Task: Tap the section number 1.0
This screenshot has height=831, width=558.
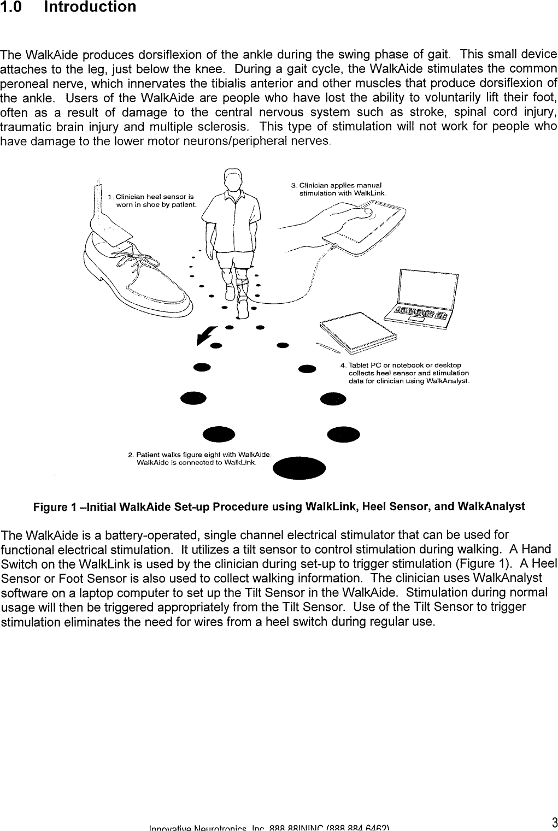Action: point(11,8)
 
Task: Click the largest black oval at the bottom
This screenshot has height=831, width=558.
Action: point(298,468)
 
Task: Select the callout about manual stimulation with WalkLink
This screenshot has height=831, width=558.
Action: point(339,189)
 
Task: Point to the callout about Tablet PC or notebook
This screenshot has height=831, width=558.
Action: point(404,373)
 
